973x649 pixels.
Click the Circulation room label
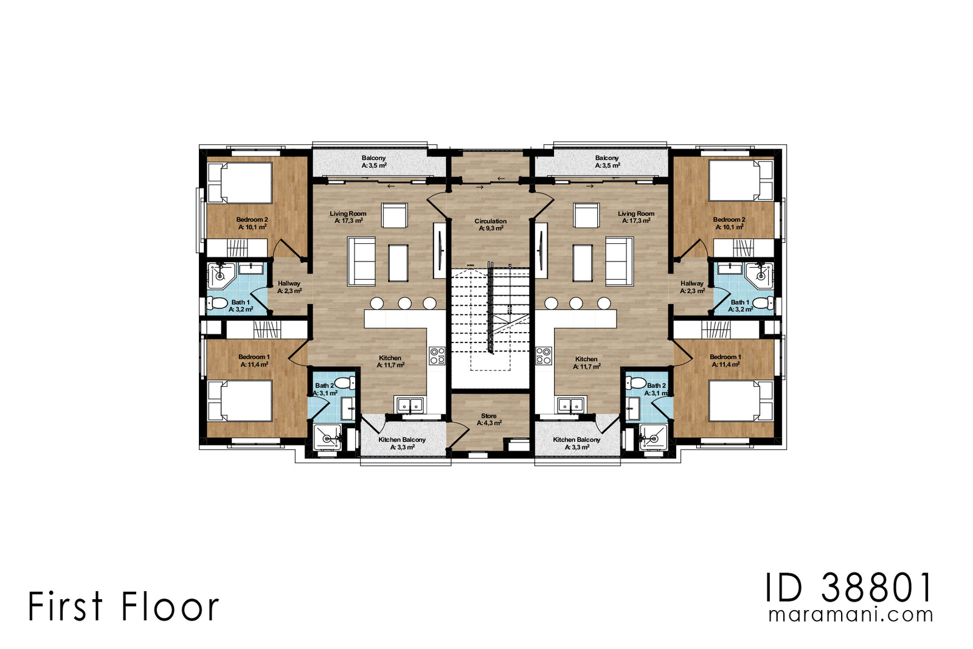[490, 224]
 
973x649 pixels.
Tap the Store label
[489, 419]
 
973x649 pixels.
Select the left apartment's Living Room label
[348, 217]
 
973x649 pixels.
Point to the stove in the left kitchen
[437, 355]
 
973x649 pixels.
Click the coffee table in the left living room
[398, 262]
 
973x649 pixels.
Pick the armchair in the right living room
[586, 215]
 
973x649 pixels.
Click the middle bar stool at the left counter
[404, 302]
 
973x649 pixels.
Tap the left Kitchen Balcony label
[402, 443]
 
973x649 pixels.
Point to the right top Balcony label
[607, 161]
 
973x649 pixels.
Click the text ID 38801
[848, 588]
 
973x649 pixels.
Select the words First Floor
[123, 606]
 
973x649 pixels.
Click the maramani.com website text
[850, 614]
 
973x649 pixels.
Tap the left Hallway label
[289, 287]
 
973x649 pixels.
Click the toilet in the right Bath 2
[635, 383]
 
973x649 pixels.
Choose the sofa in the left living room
[361, 261]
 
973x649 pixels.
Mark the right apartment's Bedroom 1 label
[725, 361]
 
